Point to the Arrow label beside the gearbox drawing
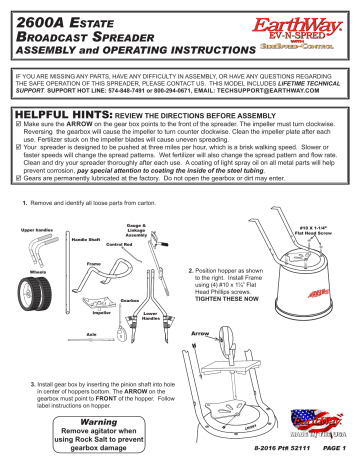[x=199, y=324]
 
